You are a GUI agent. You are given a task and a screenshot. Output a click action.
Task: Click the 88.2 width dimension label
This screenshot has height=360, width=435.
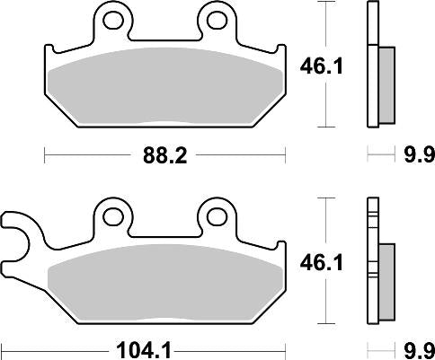(x=165, y=154)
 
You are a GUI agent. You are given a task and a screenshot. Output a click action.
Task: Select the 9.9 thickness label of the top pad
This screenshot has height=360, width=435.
(x=410, y=154)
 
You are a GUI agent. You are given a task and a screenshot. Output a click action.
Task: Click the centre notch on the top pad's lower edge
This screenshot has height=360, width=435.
(x=165, y=124)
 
